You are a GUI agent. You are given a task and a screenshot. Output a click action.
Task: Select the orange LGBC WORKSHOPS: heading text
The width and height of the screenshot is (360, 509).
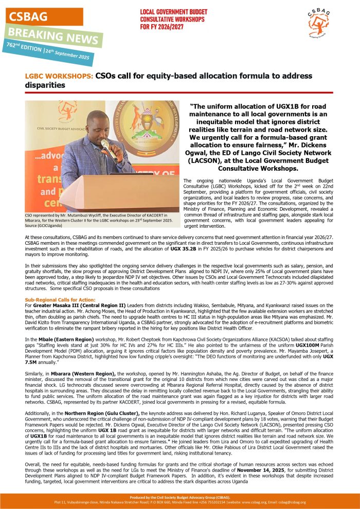click(x=59, y=76)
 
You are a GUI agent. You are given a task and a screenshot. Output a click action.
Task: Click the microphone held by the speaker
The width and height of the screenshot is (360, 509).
click(x=107, y=147)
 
